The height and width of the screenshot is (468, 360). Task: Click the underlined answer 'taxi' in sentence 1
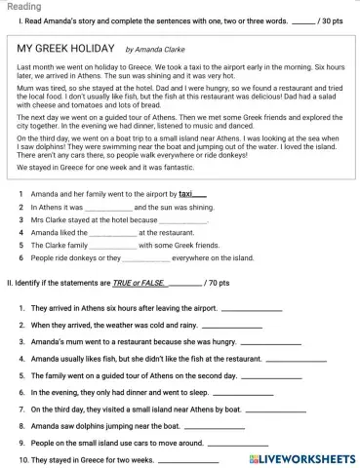[185, 194]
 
